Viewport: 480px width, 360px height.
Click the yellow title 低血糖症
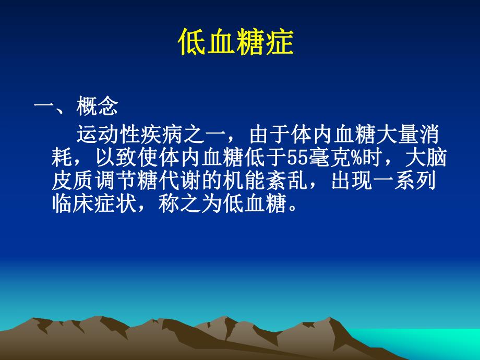click(235, 44)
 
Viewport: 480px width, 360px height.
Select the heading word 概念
click(97, 107)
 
